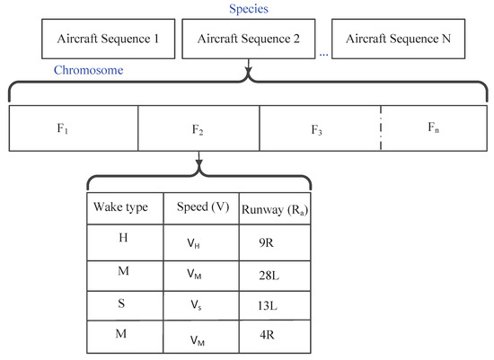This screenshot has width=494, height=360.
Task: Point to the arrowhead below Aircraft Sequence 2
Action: (x=247, y=70)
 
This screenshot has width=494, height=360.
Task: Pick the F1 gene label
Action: (x=63, y=127)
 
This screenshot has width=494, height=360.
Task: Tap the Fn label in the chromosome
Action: (x=433, y=127)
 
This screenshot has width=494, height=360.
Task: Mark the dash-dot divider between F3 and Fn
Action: (x=381, y=127)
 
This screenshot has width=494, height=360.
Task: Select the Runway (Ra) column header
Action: (x=273, y=209)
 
